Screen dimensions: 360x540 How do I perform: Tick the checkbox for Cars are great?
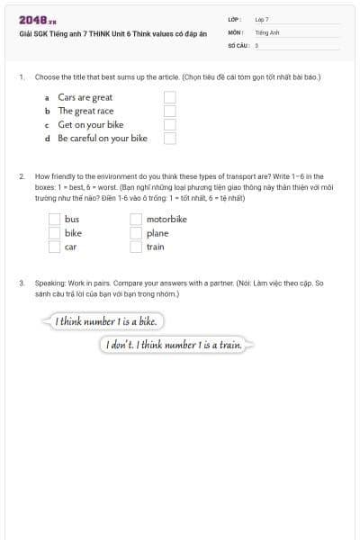[169, 97]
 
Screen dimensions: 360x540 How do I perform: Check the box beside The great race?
[169, 111]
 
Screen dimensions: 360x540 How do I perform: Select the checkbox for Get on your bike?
[169, 124]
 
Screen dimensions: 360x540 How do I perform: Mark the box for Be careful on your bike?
[169, 139]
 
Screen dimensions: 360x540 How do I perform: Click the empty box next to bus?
[54, 219]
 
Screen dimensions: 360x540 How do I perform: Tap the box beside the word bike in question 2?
[54, 232]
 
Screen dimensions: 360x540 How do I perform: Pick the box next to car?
[54, 246]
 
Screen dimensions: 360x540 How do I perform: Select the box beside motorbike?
[136, 219]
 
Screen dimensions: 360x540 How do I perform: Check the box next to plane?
[136, 232]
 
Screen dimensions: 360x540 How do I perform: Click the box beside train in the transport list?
[136, 246]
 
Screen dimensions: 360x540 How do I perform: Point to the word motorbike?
[166, 219]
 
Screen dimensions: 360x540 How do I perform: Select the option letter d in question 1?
[47, 139]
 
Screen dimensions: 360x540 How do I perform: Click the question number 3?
[22, 283]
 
